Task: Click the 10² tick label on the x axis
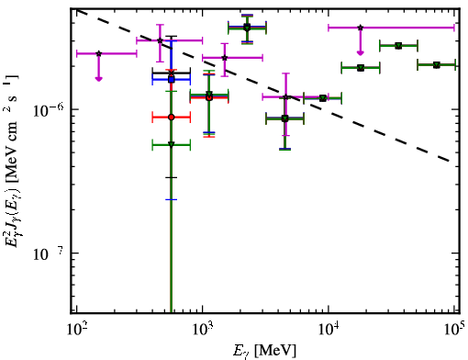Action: (x=76, y=331)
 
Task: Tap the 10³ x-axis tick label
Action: (x=203, y=331)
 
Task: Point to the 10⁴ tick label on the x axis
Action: (x=329, y=331)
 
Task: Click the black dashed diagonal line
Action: (x=263, y=85)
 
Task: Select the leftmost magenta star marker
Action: (x=98, y=53)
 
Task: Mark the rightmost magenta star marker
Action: (x=361, y=28)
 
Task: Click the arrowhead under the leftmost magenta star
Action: (x=98, y=79)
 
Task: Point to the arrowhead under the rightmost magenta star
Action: (x=361, y=53)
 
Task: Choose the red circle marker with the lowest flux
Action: (x=172, y=118)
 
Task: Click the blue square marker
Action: (x=172, y=80)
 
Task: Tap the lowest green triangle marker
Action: (x=172, y=144)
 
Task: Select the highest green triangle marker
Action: (x=247, y=28)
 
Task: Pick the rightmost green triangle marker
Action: (x=437, y=65)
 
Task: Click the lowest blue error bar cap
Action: (x=172, y=199)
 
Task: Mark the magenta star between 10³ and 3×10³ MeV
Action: (x=225, y=58)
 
